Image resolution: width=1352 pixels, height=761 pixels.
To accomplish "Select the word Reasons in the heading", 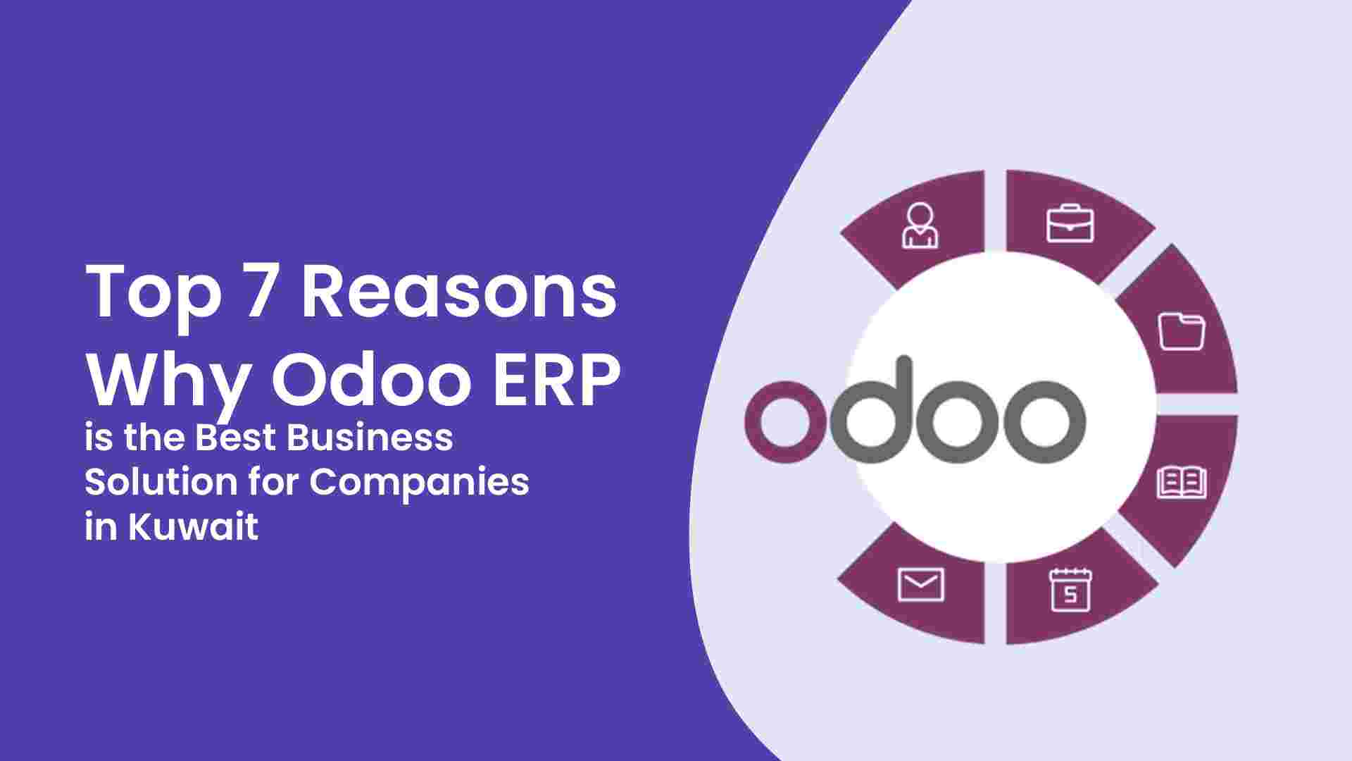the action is (x=459, y=291).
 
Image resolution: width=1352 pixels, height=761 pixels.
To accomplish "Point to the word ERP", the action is (x=556, y=381).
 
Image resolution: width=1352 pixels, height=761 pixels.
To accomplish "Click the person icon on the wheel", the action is (x=920, y=225).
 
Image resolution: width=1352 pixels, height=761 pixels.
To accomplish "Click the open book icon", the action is (x=1182, y=483).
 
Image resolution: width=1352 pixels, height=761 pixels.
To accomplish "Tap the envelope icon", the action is (x=920, y=585).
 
